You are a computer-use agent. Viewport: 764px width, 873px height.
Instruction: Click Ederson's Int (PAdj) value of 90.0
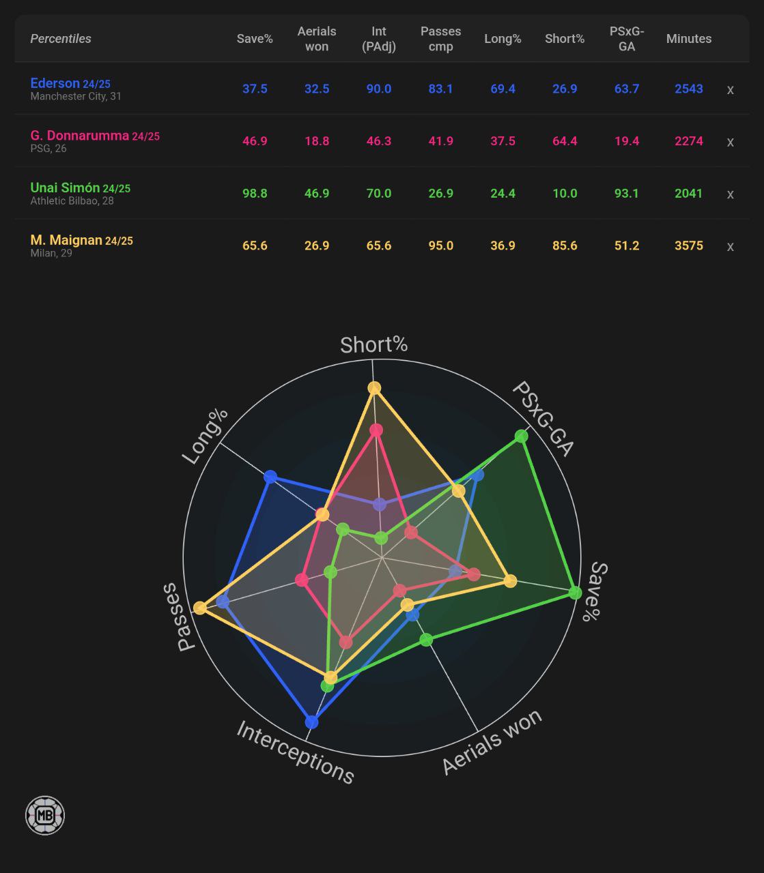pos(378,89)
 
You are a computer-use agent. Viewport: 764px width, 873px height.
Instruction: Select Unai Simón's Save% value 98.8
pos(255,194)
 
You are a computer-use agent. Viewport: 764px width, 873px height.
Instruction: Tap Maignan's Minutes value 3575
pos(688,246)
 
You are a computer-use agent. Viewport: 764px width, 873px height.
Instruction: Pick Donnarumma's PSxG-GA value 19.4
pos(626,141)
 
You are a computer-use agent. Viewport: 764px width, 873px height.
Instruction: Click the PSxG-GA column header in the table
pos(626,39)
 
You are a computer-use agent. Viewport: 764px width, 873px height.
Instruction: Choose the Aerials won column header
pos(317,39)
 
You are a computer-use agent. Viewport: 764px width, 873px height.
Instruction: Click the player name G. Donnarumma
pos(79,136)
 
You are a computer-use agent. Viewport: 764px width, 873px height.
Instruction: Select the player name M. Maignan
pos(66,240)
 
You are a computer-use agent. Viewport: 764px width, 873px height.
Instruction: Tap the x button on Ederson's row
pos(730,89)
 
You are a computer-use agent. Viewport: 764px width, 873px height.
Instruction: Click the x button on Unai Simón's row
pos(730,194)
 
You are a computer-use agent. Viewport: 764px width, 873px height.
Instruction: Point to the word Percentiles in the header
pos(61,39)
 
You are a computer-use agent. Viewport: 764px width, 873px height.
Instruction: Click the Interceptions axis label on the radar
pos(295,753)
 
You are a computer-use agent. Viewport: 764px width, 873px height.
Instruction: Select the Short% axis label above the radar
pos(373,345)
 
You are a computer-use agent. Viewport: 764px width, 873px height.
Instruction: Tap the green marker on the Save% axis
pos(575,593)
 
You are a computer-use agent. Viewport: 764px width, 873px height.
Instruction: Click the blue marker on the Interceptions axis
pos(312,722)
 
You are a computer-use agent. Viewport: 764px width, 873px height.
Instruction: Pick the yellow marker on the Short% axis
pos(374,388)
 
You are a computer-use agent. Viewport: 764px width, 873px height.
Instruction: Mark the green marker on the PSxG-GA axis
pos(522,436)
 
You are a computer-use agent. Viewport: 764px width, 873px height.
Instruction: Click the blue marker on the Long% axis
pos(270,477)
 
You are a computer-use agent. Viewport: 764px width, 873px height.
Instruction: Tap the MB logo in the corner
pos(45,816)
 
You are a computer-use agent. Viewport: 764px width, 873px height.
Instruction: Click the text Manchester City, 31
pos(76,97)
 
